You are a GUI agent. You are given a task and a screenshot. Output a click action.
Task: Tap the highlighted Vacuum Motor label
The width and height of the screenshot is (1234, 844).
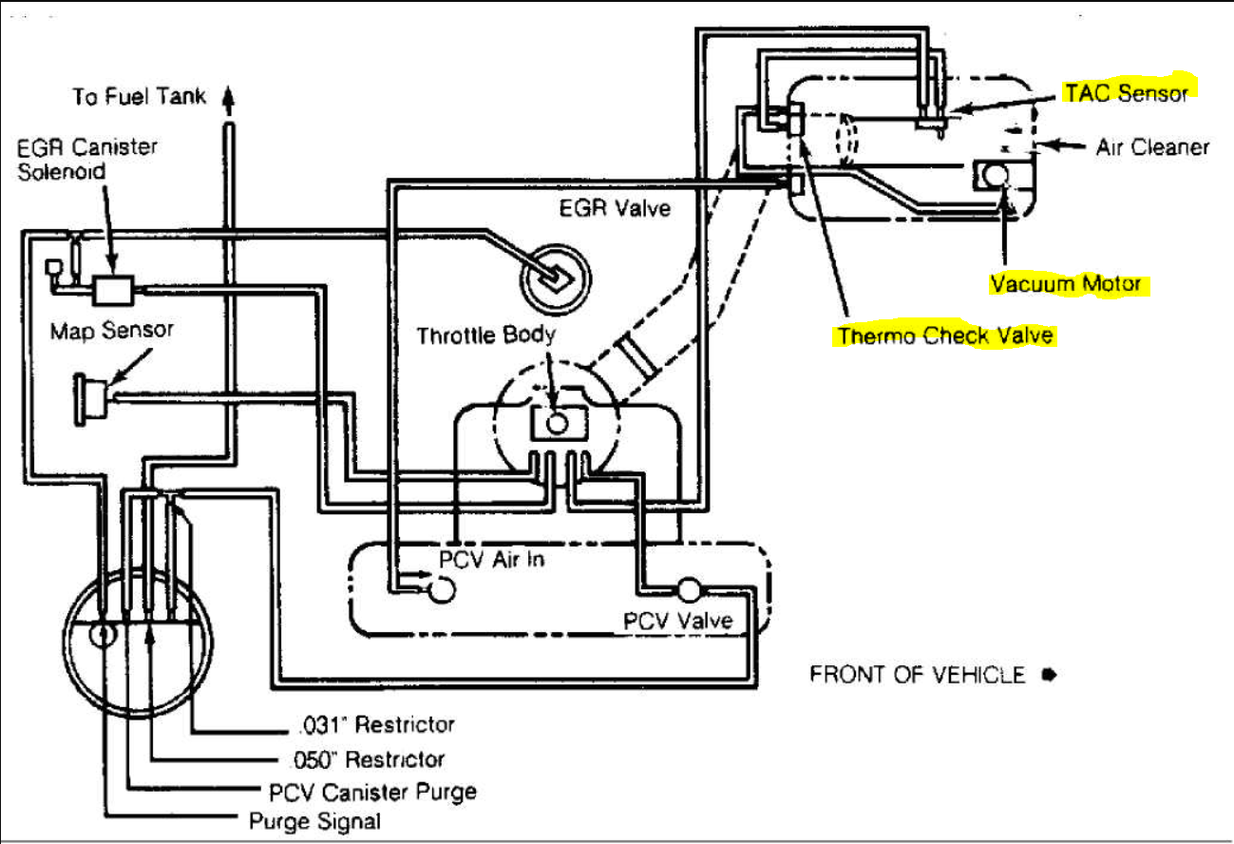pos(1066,283)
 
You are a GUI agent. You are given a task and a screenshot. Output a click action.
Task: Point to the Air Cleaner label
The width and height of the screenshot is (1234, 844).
pos(1152,146)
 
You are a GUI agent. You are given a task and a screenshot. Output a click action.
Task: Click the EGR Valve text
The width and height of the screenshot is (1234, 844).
pos(615,208)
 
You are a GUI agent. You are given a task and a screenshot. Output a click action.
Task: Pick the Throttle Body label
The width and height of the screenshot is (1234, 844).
pos(485,336)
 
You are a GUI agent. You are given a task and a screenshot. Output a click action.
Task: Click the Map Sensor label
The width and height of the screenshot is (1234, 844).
pos(112,330)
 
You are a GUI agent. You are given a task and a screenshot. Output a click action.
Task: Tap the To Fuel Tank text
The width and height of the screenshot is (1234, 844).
pos(139,96)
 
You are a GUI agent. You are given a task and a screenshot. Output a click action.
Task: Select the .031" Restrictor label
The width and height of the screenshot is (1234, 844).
pos(377,724)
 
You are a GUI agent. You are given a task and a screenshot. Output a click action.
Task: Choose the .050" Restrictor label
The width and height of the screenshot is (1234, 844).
pos(368,759)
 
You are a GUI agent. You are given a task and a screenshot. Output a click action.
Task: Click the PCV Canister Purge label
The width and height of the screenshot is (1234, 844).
pos(372,792)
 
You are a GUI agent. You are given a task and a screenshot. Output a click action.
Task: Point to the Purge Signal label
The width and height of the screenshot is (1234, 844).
pos(314,821)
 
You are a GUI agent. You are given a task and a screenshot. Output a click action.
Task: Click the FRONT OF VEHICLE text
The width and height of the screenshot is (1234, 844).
pos(918,675)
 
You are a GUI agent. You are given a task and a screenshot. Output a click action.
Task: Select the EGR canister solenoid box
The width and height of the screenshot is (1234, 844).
pos(113,290)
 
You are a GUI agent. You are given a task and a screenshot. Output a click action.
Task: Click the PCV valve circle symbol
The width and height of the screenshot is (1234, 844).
pos(689,590)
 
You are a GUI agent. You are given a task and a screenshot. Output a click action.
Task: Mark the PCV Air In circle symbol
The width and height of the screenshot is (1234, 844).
pos(442,590)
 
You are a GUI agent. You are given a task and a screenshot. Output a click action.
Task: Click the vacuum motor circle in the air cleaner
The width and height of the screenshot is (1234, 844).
pos(996,175)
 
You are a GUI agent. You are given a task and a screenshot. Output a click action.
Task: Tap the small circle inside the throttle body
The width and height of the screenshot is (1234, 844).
pos(557,423)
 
